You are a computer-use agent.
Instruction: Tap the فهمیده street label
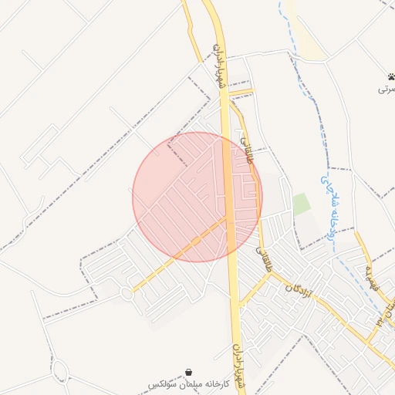(x=370, y=270)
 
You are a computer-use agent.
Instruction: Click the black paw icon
(x=392, y=77)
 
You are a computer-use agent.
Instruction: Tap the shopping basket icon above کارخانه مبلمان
(x=190, y=371)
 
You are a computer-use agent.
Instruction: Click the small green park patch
(x=301, y=204)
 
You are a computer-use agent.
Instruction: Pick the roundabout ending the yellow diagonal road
(x=126, y=293)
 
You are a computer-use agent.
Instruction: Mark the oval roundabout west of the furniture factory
(x=61, y=373)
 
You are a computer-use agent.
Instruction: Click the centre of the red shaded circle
(x=197, y=197)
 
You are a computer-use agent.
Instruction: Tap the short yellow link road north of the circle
(x=241, y=93)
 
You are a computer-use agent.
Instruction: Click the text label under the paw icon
(x=387, y=89)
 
